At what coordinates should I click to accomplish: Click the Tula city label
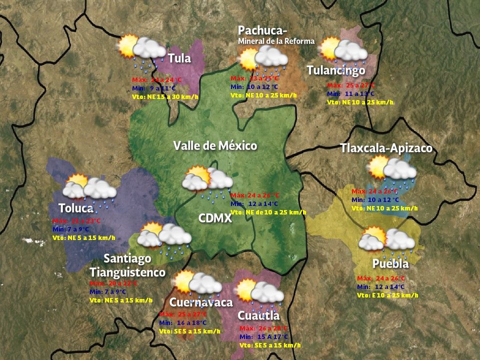click(179, 58)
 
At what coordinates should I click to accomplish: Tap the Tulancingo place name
click(335, 70)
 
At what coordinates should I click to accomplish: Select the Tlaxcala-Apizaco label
click(386, 148)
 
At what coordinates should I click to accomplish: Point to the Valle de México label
click(215, 146)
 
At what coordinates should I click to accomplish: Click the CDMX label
click(215, 218)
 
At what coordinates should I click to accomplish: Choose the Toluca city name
click(76, 208)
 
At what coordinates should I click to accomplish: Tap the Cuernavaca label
click(201, 302)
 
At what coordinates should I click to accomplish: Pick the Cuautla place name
click(258, 316)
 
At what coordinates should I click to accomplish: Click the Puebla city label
click(390, 263)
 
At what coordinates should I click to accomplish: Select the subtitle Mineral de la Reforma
click(276, 41)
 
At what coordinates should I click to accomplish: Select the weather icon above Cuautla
click(259, 292)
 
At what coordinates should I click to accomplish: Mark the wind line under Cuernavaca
click(189, 331)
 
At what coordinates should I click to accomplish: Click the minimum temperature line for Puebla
click(381, 287)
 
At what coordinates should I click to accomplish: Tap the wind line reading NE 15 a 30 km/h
click(165, 96)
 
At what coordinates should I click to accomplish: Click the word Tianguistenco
click(127, 272)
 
